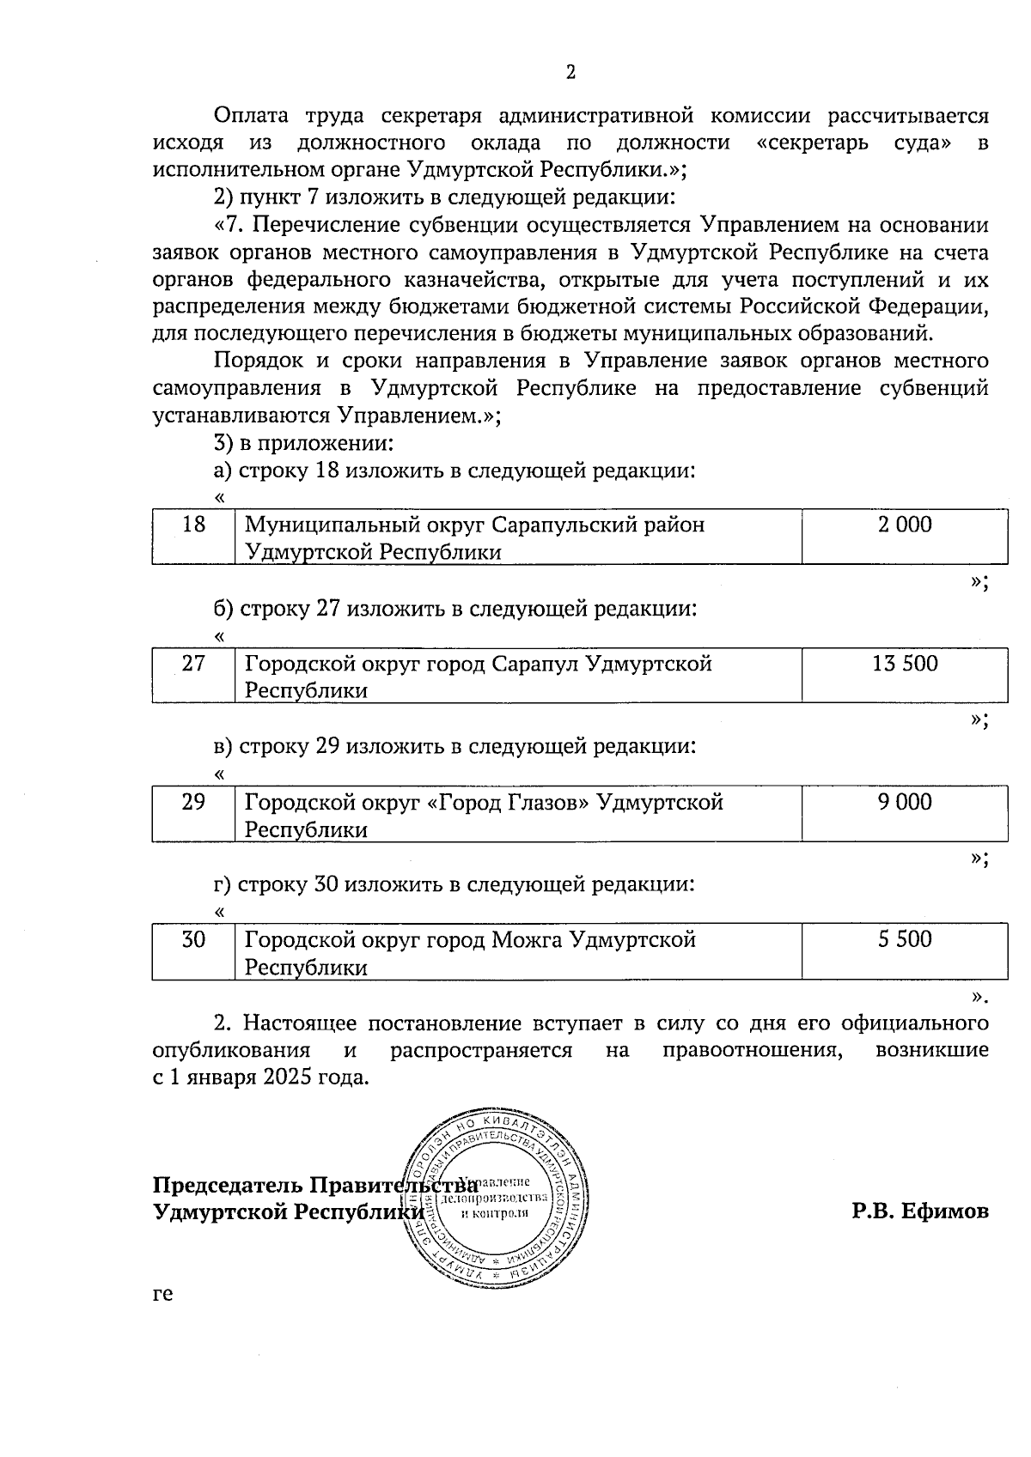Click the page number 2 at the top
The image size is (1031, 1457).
tap(570, 72)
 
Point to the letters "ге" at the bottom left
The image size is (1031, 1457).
tap(162, 1294)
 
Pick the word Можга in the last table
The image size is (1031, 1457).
tap(527, 939)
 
